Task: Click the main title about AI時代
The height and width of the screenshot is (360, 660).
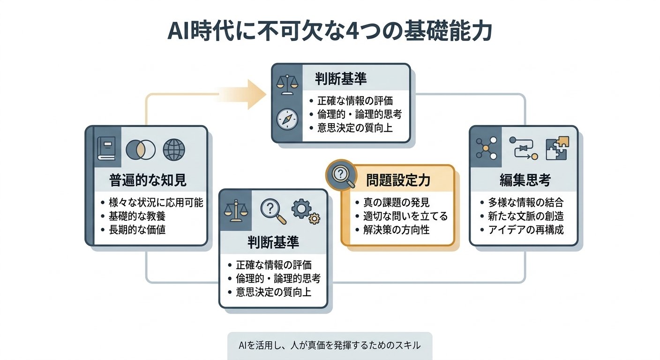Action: (x=330, y=32)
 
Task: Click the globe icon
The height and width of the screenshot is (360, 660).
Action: (x=174, y=150)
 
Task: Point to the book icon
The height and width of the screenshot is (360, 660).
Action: (x=106, y=149)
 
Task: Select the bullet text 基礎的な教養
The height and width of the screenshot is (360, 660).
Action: (x=137, y=216)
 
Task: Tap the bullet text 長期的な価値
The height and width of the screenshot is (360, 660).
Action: (x=137, y=230)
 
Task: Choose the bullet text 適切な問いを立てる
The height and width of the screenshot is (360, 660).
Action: (x=405, y=216)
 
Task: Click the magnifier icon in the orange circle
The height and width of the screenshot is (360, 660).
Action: (x=340, y=176)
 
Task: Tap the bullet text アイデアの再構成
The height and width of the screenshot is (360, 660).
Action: (x=526, y=230)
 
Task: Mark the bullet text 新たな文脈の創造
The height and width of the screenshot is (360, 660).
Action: (x=526, y=216)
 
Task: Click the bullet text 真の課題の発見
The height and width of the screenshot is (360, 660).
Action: (x=396, y=202)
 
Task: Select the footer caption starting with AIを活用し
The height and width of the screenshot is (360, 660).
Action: (x=330, y=345)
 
